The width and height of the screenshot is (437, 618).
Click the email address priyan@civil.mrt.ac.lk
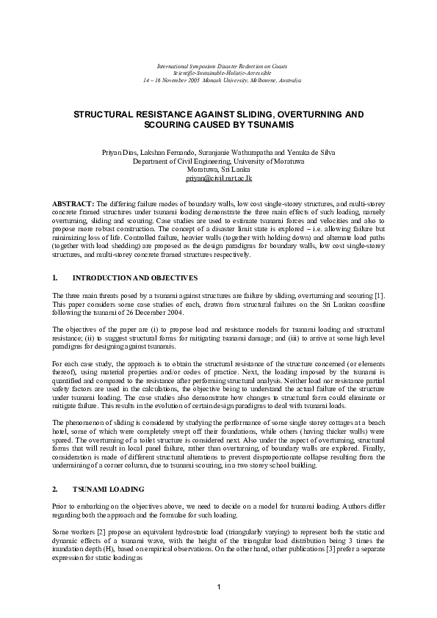click(218, 178)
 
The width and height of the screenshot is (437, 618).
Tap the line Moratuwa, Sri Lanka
click(218, 170)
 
